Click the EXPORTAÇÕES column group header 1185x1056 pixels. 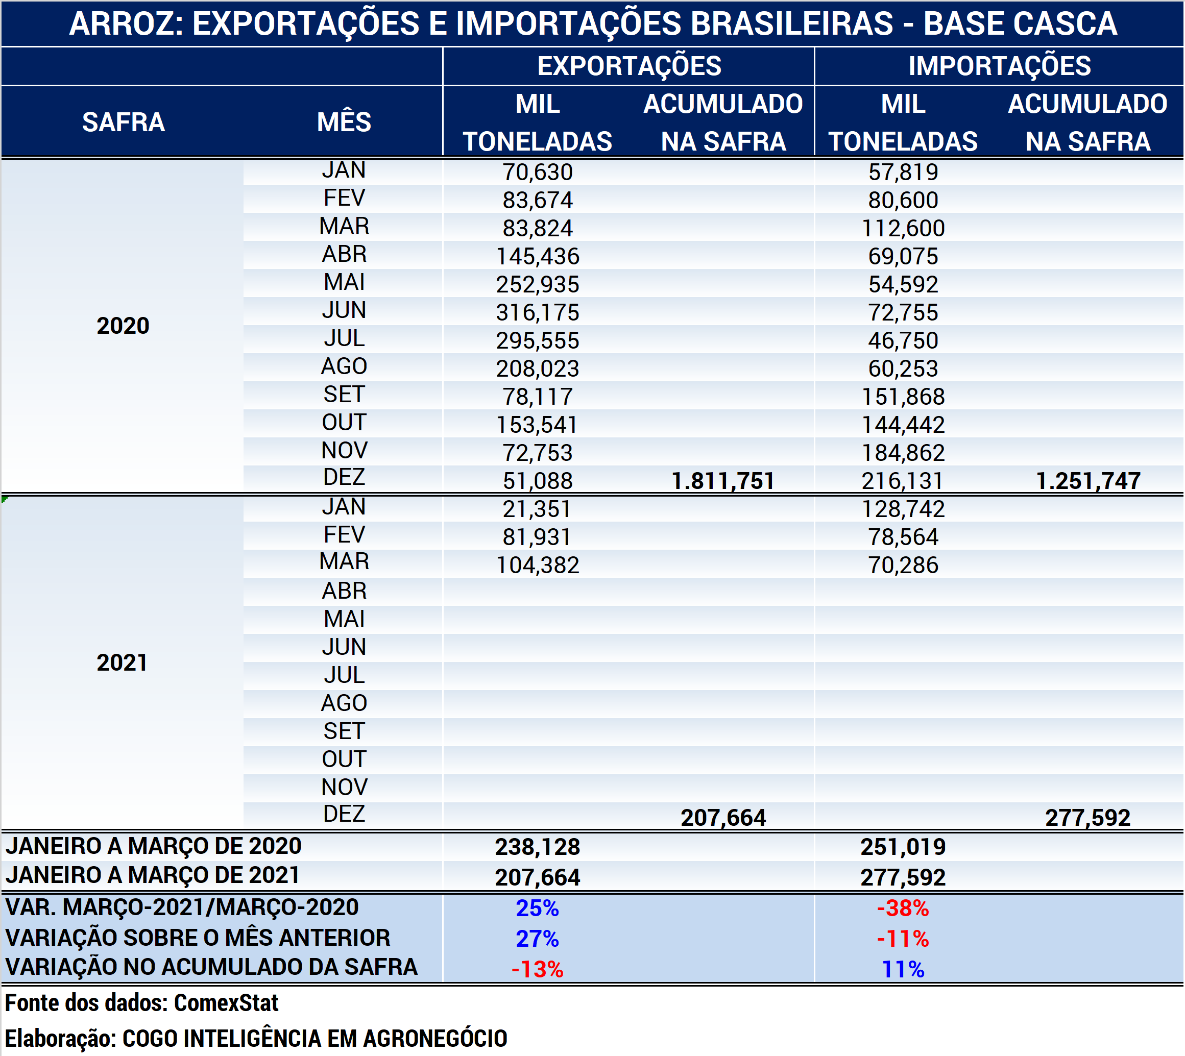click(629, 66)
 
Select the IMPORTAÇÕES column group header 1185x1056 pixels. click(999, 66)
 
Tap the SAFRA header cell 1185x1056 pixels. click(123, 122)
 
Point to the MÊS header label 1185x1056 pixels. click(344, 122)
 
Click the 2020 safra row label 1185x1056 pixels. click(123, 326)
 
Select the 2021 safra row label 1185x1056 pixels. click(122, 662)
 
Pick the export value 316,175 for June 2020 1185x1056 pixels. click(538, 313)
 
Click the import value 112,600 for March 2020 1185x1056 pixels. click(903, 229)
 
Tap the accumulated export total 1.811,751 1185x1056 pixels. click(723, 481)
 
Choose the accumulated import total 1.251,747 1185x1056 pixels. click(1088, 481)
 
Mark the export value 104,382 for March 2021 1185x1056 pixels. click(538, 565)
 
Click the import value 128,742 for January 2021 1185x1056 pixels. click(903, 509)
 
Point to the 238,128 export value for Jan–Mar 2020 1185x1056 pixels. click(538, 847)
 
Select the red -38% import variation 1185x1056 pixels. click(903, 908)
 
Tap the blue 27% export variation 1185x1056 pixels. click(538, 939)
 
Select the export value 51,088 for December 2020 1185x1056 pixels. click(538, 481)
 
